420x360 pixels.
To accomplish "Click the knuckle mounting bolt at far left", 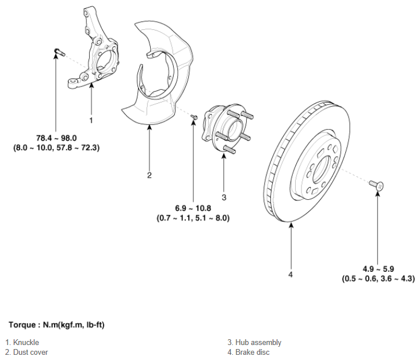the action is pos(59,52).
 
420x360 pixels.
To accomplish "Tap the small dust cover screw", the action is pos(194,117).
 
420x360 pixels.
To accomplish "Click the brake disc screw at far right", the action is pos(376,185).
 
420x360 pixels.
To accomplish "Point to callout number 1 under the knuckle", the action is pos(91,120).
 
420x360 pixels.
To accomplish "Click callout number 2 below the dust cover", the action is pos(149,175).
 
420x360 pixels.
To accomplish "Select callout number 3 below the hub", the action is pos(224,198).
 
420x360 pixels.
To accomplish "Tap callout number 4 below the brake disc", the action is pos(291,274).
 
